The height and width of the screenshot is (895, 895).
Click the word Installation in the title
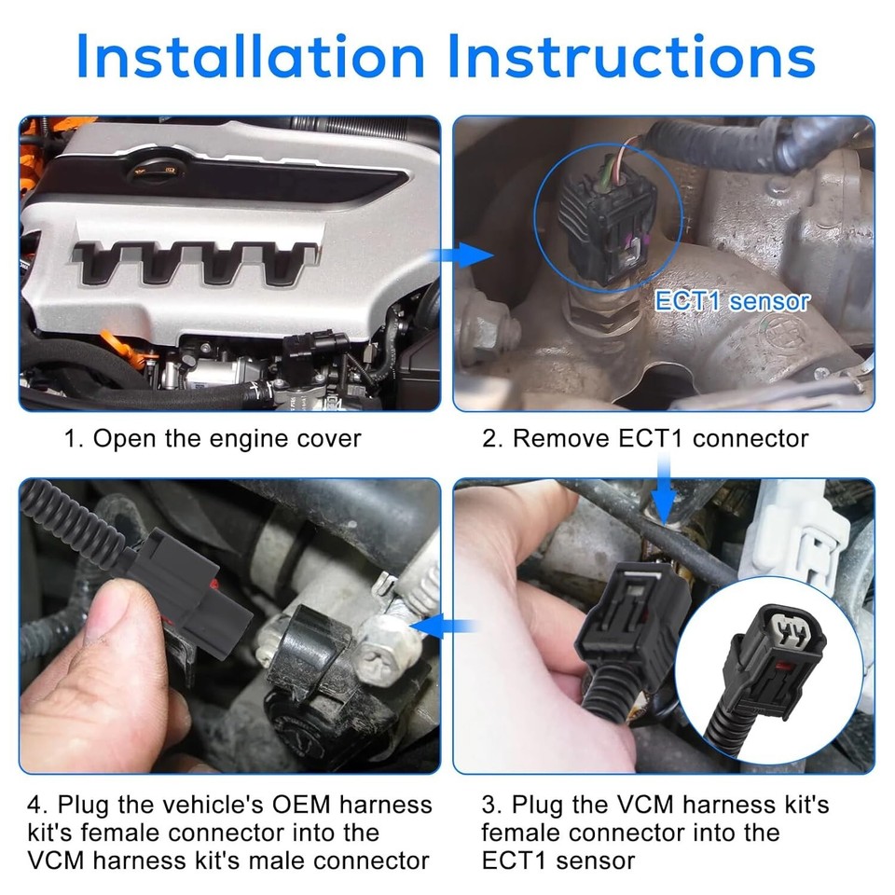tap(251, 55)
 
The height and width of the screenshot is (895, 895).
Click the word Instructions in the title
tap(632, 55)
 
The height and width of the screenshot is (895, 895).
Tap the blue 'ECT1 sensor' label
tap(733, 301)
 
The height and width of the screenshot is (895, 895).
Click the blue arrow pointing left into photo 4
tap(442, 626)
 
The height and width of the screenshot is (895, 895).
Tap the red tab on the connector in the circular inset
tap(786, 664)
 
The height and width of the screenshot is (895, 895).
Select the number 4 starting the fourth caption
tap(34, 805)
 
